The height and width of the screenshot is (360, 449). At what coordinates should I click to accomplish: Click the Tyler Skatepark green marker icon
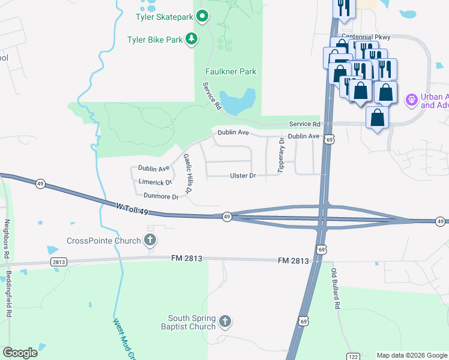tap(202, 17)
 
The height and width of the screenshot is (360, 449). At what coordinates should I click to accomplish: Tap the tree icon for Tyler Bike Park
tap(191, 40)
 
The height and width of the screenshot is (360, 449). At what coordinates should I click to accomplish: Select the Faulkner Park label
tap(231, 71)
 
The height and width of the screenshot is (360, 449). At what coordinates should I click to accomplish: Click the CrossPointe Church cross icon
tap(150, 241)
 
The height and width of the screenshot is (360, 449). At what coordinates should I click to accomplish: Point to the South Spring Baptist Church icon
tap(225, 322)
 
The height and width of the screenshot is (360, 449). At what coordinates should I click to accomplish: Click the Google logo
tap(20, 353)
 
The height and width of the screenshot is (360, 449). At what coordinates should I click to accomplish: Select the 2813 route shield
tap(59, 262)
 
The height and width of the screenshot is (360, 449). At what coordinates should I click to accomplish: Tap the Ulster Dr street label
tap(243, 176)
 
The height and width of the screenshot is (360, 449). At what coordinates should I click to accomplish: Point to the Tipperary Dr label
tap(280, 155)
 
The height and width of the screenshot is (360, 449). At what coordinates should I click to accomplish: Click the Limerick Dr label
tap(155, 182)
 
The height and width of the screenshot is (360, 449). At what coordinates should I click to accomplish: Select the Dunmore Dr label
tap(161, 196)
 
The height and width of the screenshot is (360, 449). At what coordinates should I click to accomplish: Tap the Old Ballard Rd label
tap(336, 289)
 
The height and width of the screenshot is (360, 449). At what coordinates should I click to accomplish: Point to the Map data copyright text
tap(412, 355)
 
